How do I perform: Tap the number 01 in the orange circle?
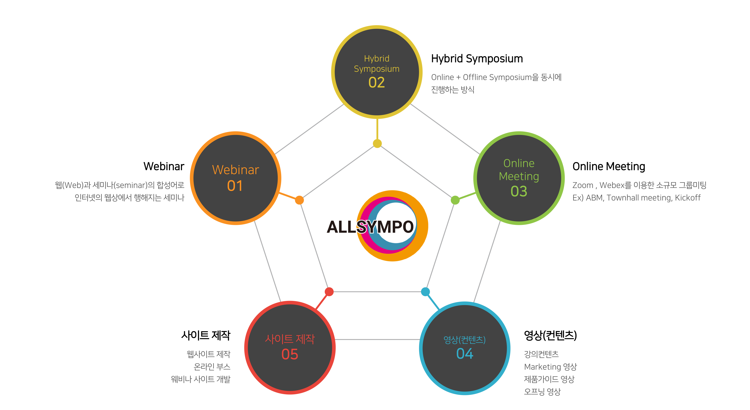(235, 186)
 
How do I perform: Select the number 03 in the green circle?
(519, 191)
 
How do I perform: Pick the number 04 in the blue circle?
(465, 354)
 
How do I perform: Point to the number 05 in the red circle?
(290, 354)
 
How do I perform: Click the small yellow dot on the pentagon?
(377, 143)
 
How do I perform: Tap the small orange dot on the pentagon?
(299, 200)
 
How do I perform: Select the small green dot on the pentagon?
(455, 200)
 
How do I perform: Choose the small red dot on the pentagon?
(329, 292)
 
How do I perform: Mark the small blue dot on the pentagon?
(425, 292)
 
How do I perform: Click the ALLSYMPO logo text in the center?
(370, 227)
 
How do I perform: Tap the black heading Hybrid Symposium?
(477, 59)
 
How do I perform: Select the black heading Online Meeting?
(608, 167)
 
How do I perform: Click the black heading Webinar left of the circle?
(164, 167)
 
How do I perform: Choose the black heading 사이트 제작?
(205, 335)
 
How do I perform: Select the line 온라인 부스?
(212, 367)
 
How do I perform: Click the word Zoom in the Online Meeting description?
(583, 185)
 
